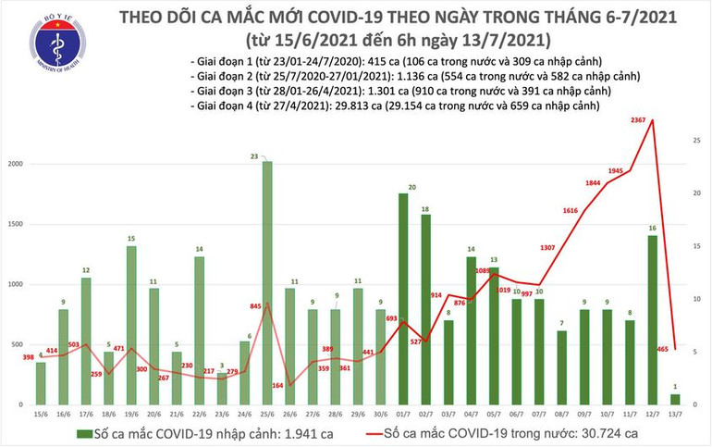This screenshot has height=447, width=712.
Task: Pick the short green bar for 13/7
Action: (x=674, y=399)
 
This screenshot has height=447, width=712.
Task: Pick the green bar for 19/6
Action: (x=132, y=325)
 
